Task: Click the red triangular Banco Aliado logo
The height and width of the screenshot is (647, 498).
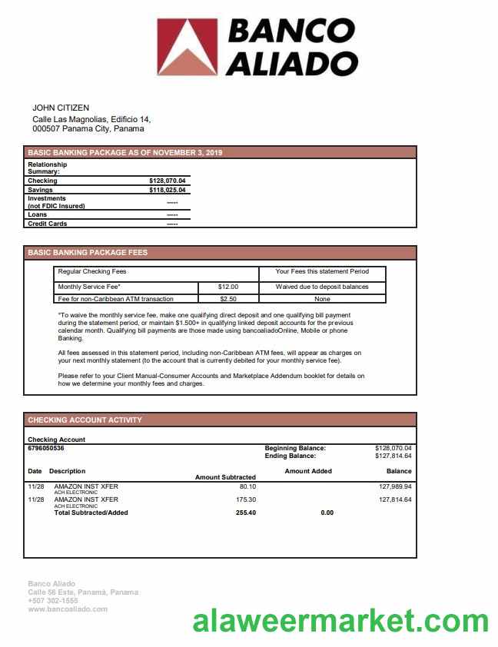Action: click(x=187, y=47)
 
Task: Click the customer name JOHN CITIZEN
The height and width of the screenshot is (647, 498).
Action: click(x=61, y=108)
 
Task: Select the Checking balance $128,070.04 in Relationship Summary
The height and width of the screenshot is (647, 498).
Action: click(x=168, y=181)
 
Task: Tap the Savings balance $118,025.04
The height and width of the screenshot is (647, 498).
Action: click(x=168, y=190)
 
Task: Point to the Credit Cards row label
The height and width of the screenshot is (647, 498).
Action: click(x=48, y=224)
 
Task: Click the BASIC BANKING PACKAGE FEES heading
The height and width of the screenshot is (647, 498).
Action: click(x=88, y=253)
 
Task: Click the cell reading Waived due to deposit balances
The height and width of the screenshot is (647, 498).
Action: click(x=322, y=287)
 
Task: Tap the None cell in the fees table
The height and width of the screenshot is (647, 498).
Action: click(x=322, y=299)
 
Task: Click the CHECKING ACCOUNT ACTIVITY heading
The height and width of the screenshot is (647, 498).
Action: click(x=85, y=420)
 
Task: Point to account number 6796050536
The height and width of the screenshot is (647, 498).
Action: click(x=46, y=448)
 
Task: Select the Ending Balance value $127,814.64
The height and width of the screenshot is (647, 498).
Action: click(x=393, y=456)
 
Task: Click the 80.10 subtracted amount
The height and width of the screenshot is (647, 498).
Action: click(x=247, y=486)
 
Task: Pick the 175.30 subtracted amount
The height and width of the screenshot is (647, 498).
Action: click(x=246, y=499)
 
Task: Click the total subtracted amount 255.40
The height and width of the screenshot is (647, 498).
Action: click(x=246, y=513)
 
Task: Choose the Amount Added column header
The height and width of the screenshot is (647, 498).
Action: click(x=308, y=471)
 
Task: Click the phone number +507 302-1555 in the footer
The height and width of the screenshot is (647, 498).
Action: click(x=53, y=601)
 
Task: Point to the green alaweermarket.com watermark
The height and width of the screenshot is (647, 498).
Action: click(x=340, y=621)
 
